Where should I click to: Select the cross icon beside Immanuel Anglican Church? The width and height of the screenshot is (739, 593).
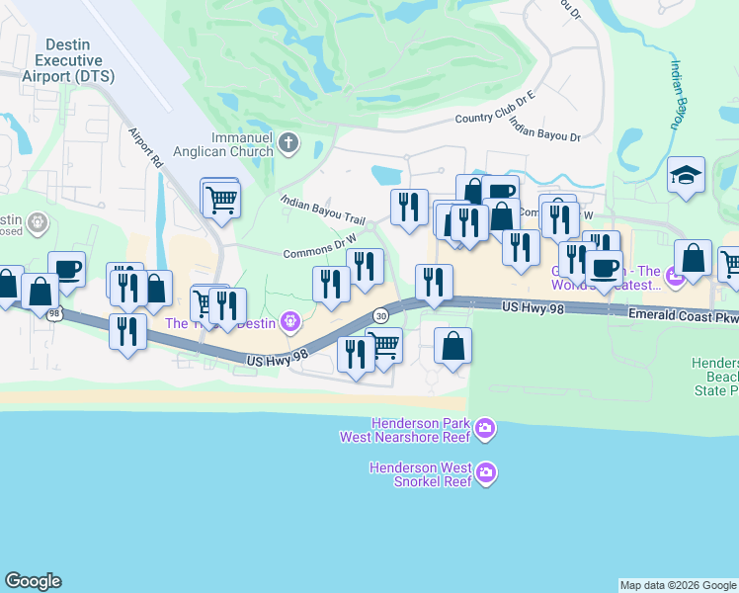pos(288,142)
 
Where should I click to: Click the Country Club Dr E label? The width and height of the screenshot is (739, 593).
pos(494,107)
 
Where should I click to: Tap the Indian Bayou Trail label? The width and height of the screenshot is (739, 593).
pos(324,208)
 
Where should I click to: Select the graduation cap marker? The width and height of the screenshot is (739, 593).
pos(686,175)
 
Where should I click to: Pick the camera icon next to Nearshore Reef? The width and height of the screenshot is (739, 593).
pos(485,429)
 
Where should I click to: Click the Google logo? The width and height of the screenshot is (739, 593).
pos(33,581)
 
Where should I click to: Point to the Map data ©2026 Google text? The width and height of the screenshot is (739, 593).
pos(677,585)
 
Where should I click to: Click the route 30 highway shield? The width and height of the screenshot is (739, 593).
pos(381,314)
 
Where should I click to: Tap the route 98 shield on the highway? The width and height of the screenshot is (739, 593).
pos(54,312)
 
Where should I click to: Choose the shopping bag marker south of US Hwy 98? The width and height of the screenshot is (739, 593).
pos(452,346)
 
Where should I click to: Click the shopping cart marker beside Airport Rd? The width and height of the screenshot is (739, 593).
pos(221,199)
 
